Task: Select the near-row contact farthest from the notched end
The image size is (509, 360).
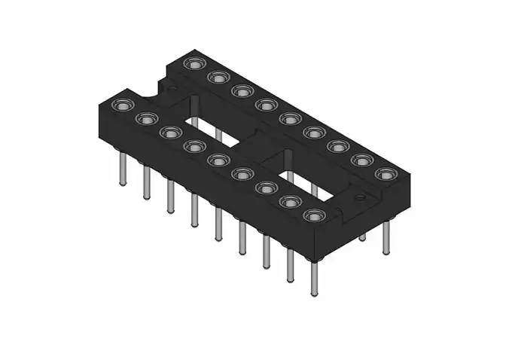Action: [x=314, y=215]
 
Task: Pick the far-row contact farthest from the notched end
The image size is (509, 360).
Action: [x=386, y=174]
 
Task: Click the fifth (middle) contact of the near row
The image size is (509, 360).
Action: [x=218, y=160]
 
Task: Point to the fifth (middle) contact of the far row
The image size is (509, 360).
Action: [x=290, y=118]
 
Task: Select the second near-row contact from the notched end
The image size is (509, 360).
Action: [x=145, y=118]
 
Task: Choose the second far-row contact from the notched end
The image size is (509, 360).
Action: [x=218, y=77]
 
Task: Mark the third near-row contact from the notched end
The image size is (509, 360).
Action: [x=169, y=133]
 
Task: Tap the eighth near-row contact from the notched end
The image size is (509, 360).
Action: [x=290, y=201]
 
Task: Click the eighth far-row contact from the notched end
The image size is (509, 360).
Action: [x=362, y=160]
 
